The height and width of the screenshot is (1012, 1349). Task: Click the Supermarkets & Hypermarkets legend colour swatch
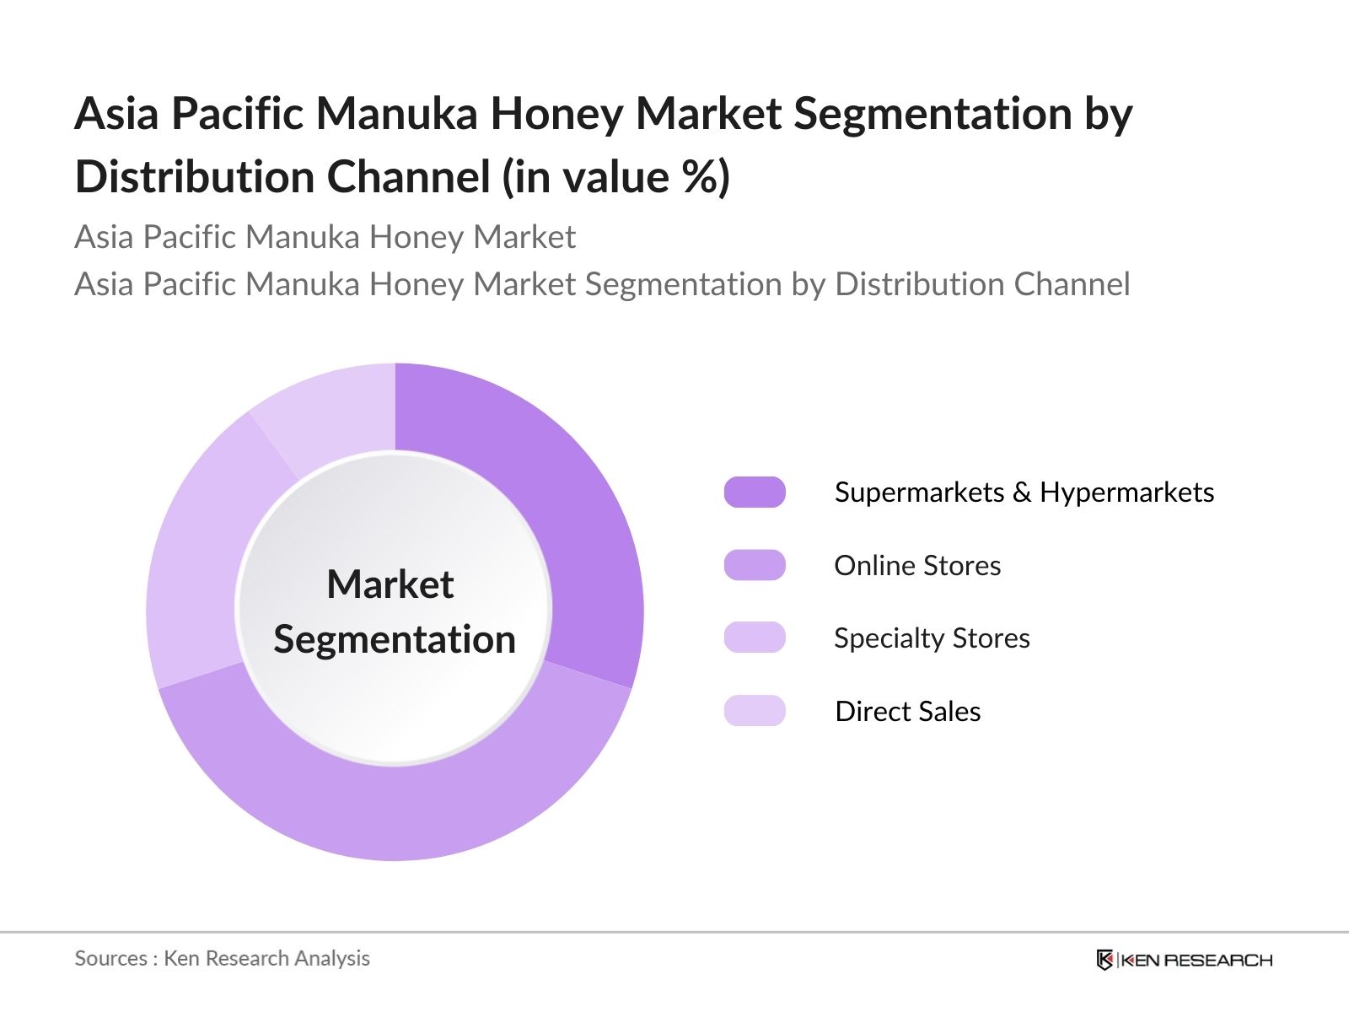point(755,493)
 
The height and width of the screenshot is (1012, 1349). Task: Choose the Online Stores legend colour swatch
point(755,565)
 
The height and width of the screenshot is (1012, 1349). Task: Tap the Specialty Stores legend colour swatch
point(755,638)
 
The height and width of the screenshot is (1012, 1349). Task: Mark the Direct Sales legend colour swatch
point(755,711)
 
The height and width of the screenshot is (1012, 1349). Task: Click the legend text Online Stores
point(917,565)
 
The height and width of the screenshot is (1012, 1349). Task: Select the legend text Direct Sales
point(908,711)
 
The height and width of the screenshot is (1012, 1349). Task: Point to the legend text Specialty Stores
point(932,638)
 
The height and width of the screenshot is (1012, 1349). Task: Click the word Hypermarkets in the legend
point(1126,493)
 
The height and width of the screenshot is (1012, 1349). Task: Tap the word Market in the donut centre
point(390,584)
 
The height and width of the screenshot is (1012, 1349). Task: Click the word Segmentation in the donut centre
point(395,640)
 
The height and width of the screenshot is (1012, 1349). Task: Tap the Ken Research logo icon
point(1104,960)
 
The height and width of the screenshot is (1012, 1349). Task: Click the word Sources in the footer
point(110,959)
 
